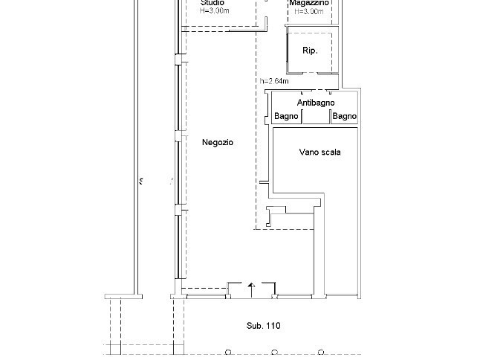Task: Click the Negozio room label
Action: [217, 142]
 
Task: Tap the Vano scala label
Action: [320, 152]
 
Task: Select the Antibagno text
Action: [316, 103]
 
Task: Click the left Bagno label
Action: [286, 117]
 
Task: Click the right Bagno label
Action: [345, 117]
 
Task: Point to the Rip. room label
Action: [310, 51]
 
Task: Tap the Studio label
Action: [212, 3]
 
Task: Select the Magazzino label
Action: [309, 3]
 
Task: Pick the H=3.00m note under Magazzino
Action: [309, 12]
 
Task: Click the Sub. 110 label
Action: [264, 326]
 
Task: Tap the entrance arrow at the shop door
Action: [251, 286]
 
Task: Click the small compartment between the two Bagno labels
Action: [316, 117]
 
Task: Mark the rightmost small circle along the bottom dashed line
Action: [321, 350]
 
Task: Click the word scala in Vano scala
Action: [330, 152]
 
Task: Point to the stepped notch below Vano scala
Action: [277, 216]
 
